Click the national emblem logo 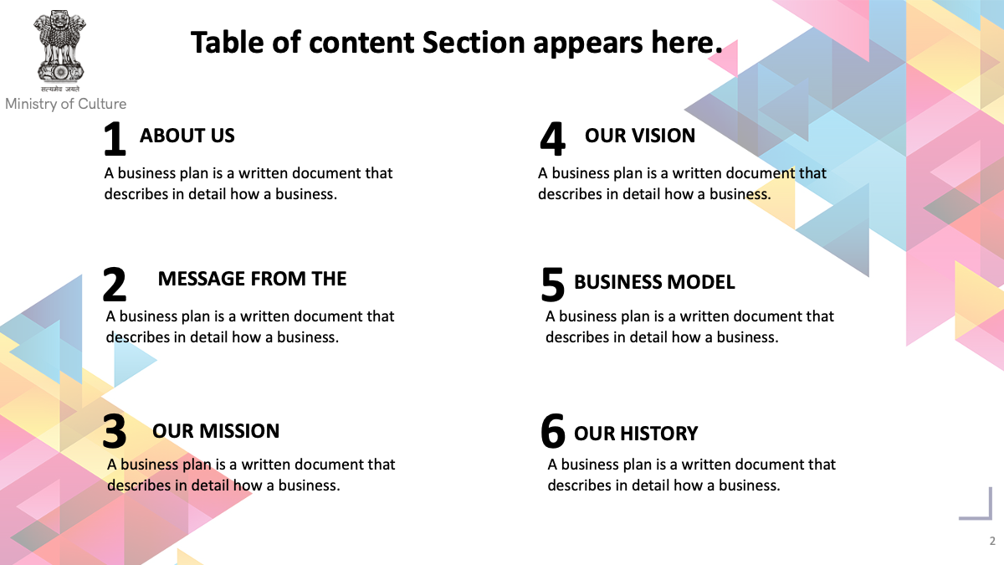[59, 46]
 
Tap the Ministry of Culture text [65, 104]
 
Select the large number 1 [115, 139]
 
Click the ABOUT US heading [187, 136]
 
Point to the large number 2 [114, 285]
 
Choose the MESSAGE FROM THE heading [252, 279]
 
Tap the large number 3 [114, 431]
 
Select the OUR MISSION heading [216, 431]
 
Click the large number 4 [552, 139]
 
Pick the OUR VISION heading [640, 136]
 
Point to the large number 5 [552, 285]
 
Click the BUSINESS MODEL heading [654, 282]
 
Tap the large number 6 [553, 431]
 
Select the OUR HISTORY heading [636, 434]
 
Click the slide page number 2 [992, 542]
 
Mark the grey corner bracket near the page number [990, 517]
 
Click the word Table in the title [228, 43]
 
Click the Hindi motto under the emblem [60, 89]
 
